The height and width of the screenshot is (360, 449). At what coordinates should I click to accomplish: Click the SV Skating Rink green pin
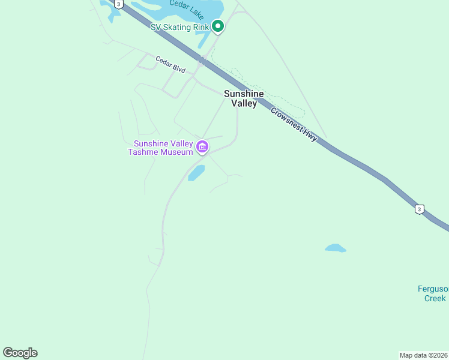(x=218, y=26)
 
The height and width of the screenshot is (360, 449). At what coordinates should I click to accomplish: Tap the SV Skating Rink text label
(x=180, y=27)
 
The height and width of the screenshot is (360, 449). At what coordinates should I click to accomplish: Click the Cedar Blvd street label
(x=170, y=65)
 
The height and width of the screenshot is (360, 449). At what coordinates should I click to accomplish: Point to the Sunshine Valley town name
(x=244, y=98)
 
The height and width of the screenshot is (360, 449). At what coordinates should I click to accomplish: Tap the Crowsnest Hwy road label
(x=294, y=125)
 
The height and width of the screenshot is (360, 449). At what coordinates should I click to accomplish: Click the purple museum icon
(x=202, y=146)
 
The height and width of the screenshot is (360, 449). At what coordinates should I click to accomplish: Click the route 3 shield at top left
(x=119, y=4)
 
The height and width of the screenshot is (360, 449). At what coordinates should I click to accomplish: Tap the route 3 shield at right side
(x=419, y=209)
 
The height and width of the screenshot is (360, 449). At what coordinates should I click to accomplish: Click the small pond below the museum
(x=196, y=173)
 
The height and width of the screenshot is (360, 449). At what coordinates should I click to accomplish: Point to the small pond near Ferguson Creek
(x=335, y=248)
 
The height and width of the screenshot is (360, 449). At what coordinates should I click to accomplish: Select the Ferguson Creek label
(x=433, y=293)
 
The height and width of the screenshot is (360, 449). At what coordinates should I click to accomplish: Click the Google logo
(x=20, y=353)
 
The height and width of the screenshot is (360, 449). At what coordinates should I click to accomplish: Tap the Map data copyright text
(x=423, y=355)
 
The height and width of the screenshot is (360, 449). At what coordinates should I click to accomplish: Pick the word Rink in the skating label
(x=200, y=27)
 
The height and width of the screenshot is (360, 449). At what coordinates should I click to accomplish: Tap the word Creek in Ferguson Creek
(x=435, y=298)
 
